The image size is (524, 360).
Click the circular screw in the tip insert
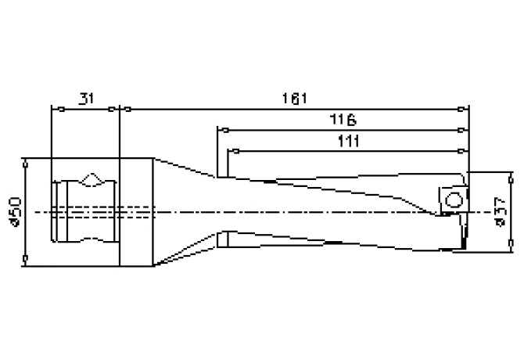454,201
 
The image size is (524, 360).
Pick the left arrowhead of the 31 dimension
53,109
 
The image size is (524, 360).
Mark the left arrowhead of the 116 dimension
221,129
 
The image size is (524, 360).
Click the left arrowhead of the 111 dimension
231,149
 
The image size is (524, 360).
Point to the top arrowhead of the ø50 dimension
26,163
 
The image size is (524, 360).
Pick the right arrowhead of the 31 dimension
114,109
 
